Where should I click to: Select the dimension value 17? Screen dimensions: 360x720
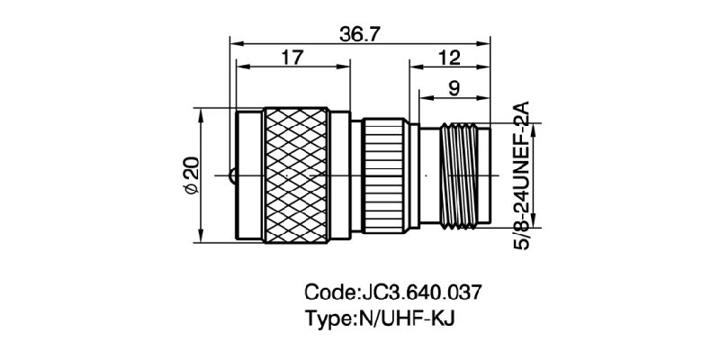tap(292, 58)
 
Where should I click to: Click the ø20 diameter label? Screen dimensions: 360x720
tap(190, 175)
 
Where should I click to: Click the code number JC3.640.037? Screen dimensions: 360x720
tap(420, 292)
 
